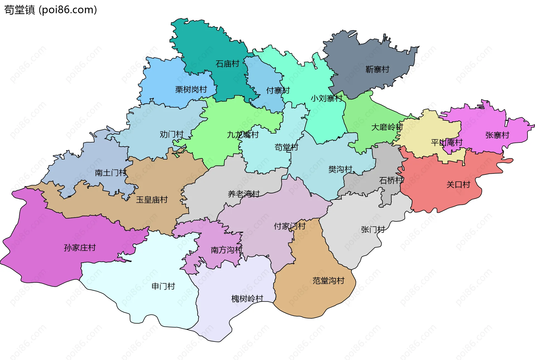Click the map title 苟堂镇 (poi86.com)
tap(50, 10)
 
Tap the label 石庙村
tap(227, 64)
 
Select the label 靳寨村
tap(377, 69)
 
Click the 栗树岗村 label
tap(191, 90)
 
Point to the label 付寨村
tap(278, 90)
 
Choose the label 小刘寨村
tap(326, 98)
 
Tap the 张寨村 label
tap(497, 135)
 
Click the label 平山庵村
tap(446, 142)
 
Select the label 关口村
tap(458, 185)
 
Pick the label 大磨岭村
tap(387, 127)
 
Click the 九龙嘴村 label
tap(243, 135)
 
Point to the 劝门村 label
tap(171, 134)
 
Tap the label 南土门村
tap(111, 173)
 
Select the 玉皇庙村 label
tap(152, 200)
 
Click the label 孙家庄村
tap(80, 248)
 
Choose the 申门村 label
tap(163, 286)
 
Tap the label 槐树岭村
tap(247, 299)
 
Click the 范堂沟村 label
tap(328, 281)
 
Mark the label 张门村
tap(373, 229)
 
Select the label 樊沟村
tap(340, 169)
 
